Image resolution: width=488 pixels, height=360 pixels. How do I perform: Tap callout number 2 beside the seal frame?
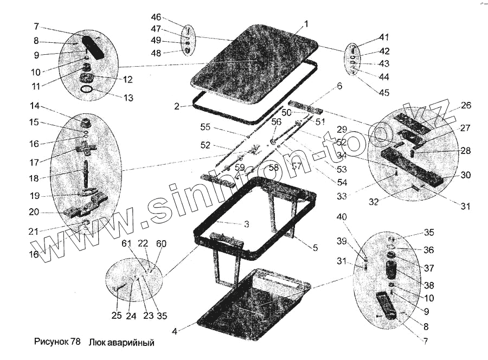pos(177,106)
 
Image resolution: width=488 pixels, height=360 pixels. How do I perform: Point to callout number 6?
pos(339,86)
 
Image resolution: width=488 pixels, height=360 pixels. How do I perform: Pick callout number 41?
pos(384,38)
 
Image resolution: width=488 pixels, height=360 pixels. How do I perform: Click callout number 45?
pos(384,93)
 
